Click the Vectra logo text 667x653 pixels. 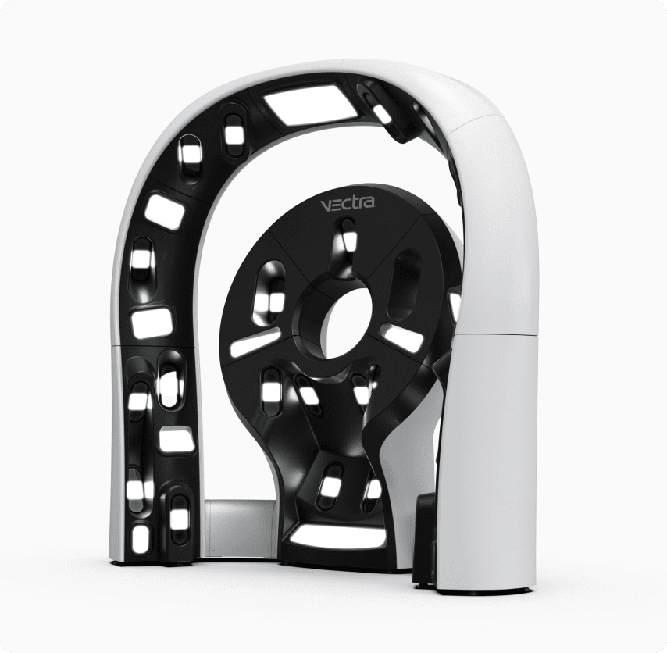point(348,205)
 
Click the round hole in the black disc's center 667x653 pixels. point(347,323)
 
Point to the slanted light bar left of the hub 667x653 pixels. point(255,341)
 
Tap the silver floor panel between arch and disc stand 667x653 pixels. point(240,527)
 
